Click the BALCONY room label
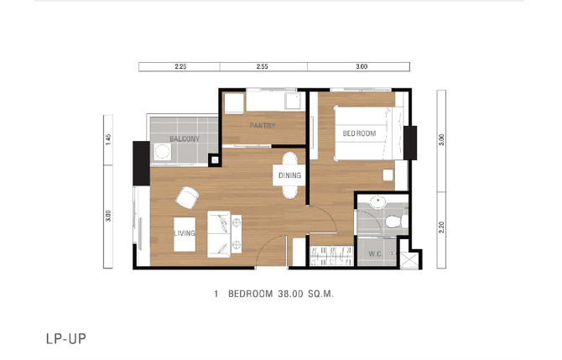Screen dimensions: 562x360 click(185, 138)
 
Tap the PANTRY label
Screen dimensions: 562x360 click(263, 126)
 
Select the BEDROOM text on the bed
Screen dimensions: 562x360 click(359, 133)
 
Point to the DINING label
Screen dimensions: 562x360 click(289, 175)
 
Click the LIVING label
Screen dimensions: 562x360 click(185, 233)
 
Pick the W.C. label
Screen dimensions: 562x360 click(375, 254)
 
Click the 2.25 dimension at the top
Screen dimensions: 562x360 click(180, 66)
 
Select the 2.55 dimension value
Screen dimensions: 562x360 click(262, 66)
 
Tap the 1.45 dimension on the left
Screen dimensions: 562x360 click(108, 139)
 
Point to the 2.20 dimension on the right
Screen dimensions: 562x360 click(441, 227)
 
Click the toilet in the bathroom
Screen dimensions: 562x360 click(397, 221)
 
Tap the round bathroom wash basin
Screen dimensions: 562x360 click(377, 202)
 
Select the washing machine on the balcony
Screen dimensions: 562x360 click(162, 152)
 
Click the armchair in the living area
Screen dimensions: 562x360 click(187, 197)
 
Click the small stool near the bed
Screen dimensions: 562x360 click(388, 175)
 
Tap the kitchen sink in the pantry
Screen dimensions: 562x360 click(293, 102)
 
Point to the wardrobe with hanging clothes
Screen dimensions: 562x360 click(331, 256)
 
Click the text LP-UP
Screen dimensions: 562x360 click(66, 339)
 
